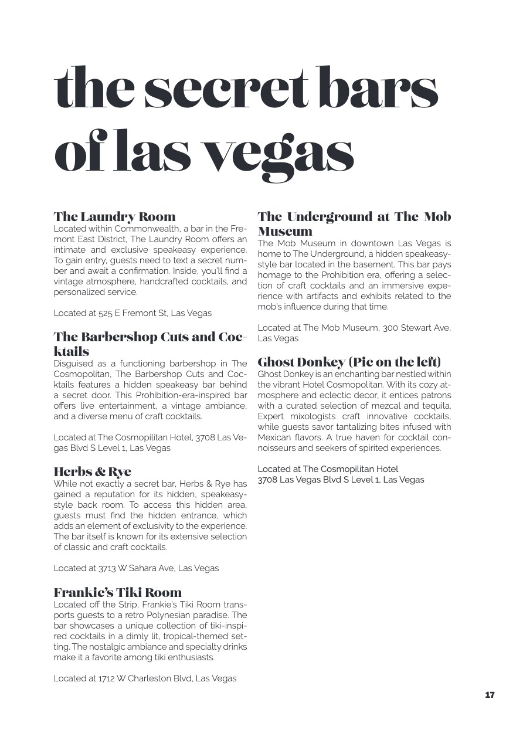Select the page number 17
pos(490,695)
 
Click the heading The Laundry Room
pos(114,217)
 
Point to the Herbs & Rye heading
pos(92,471)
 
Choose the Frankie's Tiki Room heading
pos(117,592)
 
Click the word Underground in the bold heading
pos(329,217)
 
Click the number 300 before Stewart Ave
pos(390,328)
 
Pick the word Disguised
pos(72,364)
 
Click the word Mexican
pos(274,437)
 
